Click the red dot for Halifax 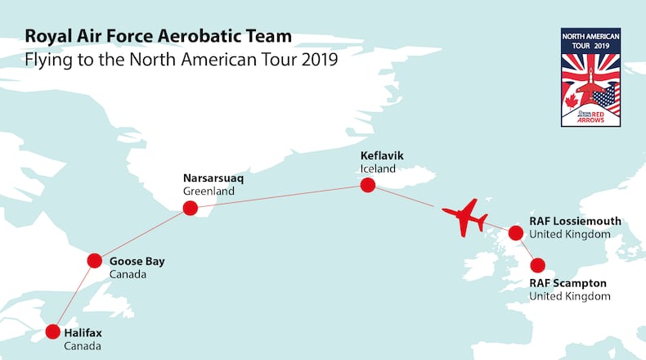tap(53, 331)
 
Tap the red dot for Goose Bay tap(96, 261)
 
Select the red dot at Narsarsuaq tap(191, 208)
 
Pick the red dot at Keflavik tap(368, 185)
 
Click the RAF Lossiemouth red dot tap(516, 233)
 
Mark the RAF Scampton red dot tap(538, 265)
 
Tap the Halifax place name tap(83, 333)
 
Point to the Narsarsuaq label tap(214, 177)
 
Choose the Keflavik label tap(382, 155)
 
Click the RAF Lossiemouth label tap(575, 221)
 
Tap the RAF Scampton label tap(567, 283)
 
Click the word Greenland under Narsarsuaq tap(209, 191)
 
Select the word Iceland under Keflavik tap(378, 169)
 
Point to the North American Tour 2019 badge tap(590, 77)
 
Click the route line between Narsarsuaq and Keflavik tap(279, 196)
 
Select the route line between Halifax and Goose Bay tap(74, 296)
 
